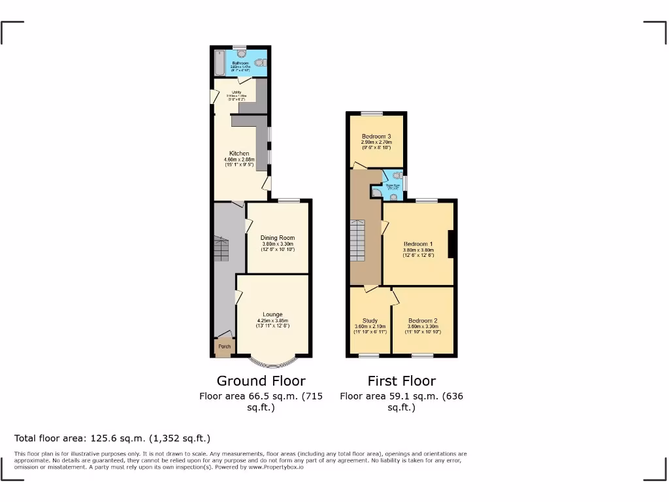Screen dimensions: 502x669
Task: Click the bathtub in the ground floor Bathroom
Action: (x=219, y=63)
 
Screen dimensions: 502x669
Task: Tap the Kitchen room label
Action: (x=238, y=154)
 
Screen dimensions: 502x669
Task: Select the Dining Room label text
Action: (x=278, y=238)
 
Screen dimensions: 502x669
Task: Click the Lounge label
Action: (x=272, y=314)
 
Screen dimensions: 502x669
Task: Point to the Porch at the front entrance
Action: (x=223, y=346)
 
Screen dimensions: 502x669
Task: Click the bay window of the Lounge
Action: (x=272, y=362)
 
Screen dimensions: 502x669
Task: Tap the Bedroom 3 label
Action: (x=376, y=136)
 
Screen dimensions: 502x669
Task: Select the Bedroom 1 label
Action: (x=418, y=244)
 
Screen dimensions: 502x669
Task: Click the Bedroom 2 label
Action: (x=423, y=321)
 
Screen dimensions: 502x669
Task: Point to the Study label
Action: (x=370, y=321)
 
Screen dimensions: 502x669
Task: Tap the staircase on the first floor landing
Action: (x=357, y=241)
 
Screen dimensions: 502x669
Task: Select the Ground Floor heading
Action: (x=261, y=380)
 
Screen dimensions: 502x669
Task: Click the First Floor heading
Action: (x=401, y=380)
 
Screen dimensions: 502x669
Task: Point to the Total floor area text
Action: (x=112, y=438)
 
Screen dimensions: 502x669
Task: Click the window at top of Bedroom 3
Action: (x=376, y=114)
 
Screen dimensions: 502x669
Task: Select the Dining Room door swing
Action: (x=249, y=226)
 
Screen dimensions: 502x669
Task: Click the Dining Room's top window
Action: (x=288, y=200)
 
